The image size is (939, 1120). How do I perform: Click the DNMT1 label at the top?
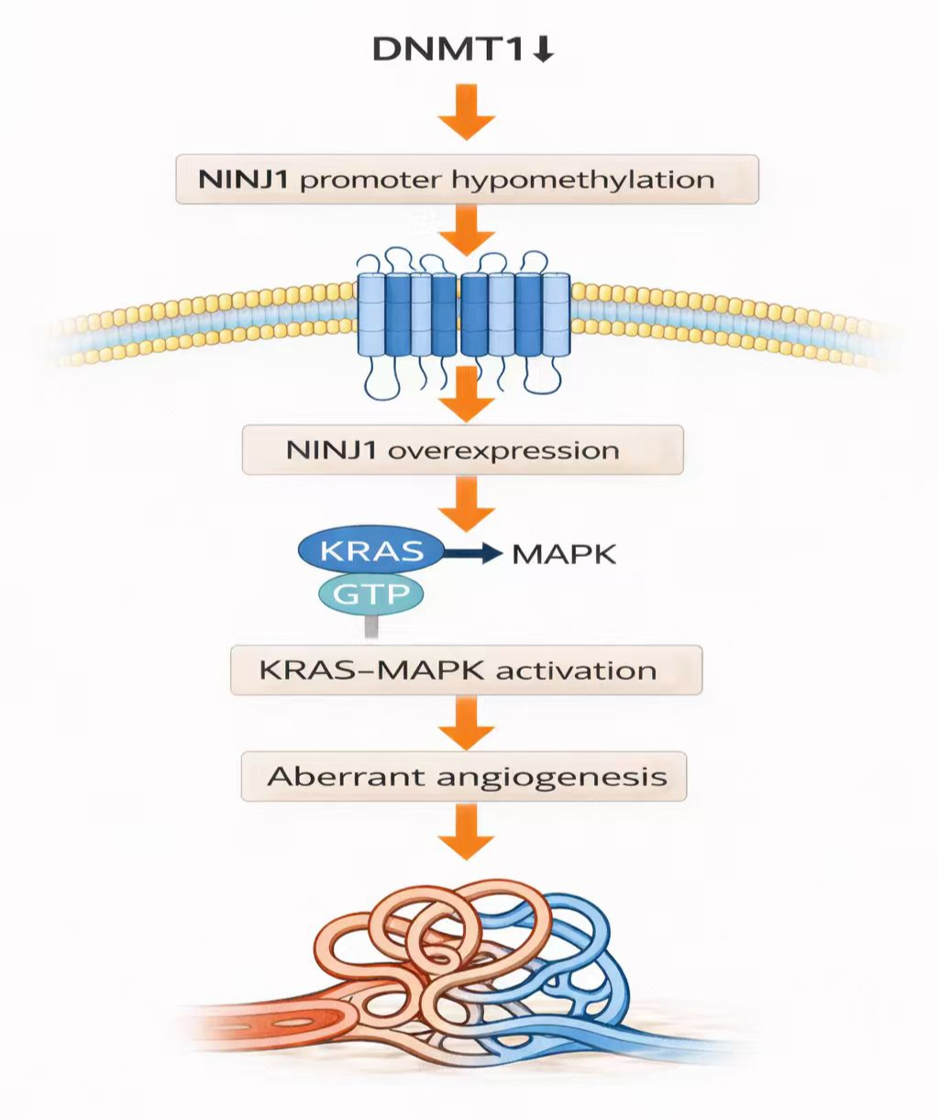(x=447, y=50)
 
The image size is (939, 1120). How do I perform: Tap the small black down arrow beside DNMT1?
(x=543, y=50)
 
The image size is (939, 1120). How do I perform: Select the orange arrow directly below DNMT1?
(x=466, y=112)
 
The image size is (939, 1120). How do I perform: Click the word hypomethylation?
(x=583, y=180)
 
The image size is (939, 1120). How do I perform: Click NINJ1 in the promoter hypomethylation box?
(x=244, y=179)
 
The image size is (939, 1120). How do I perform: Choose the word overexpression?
(x=503, y=450)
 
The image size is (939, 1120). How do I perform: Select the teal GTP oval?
(x=371, y=594)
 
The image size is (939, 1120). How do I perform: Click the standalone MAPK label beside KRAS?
(x=564, y=554)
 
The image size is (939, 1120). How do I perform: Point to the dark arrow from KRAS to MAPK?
(x=472, y=553)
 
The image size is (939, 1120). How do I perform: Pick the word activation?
(x=576, y=671)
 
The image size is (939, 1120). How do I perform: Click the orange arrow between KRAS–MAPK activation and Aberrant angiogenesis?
(x=466, y=723)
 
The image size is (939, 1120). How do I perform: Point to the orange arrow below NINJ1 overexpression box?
(x=466, y=505)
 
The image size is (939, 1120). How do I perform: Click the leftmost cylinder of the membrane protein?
(x=371, y=315)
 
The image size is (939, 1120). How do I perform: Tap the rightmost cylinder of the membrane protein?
(x=556, y=315)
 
